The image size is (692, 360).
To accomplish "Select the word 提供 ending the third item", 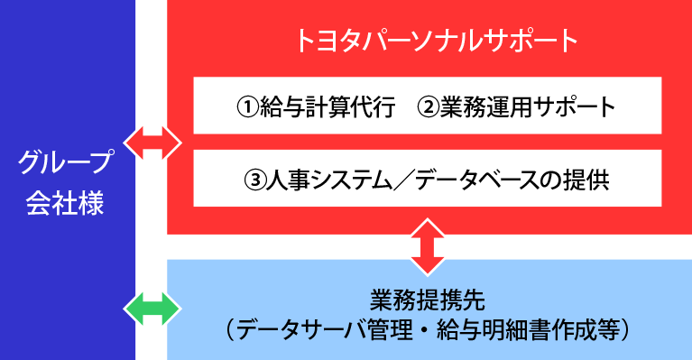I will tap(592, 180).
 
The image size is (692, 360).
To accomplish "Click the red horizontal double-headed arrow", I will tap(152, 143).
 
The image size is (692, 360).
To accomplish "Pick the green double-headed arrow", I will tap(152, 309).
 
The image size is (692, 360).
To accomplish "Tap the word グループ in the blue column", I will tap(68, 164).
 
